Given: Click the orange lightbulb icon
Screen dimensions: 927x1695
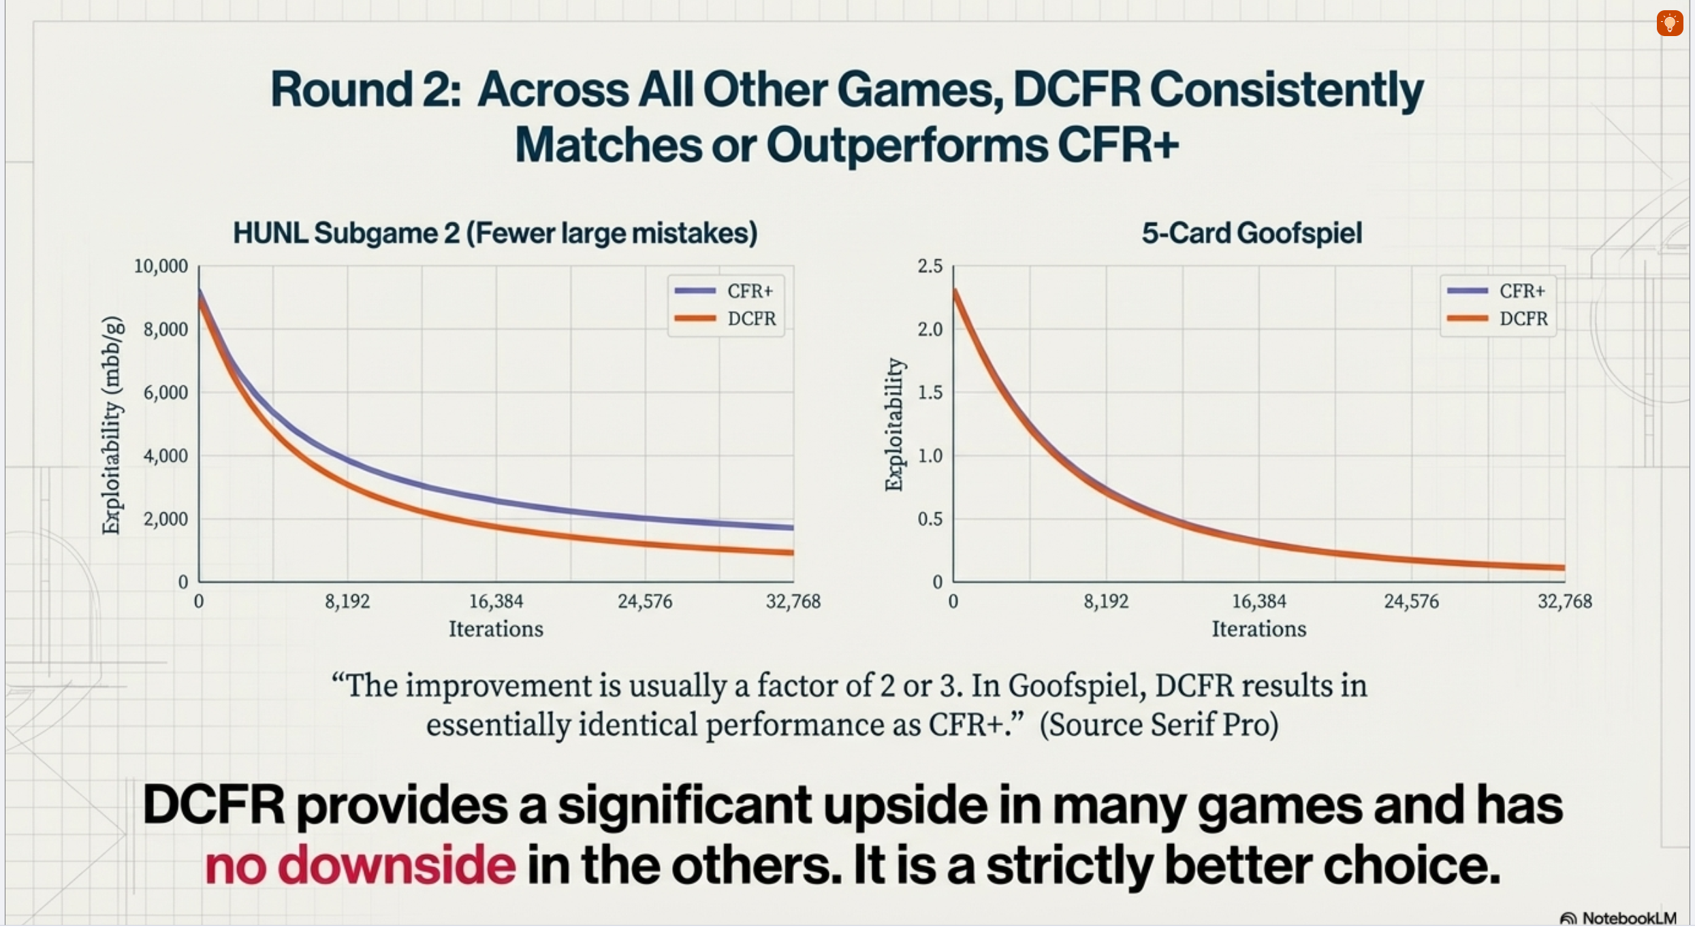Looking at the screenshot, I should (x=1669, y=23).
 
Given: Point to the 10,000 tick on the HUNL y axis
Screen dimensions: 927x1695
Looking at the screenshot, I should (x=161, y=266).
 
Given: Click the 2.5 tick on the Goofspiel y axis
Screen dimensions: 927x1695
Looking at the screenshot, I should (x=930, y=266).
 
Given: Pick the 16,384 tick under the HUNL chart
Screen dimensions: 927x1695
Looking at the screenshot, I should (x=496, y=602).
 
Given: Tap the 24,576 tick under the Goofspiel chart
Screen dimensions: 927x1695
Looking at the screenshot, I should (x=1411, y=602).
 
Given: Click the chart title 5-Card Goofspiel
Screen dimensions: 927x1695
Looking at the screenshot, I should (x=1252, y=233).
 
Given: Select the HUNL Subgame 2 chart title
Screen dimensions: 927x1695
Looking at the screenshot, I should (x=495, y=233).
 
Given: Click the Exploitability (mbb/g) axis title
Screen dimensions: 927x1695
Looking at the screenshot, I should (x=112, y=425).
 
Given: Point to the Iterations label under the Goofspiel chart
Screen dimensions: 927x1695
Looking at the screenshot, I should (x=1258, y=629).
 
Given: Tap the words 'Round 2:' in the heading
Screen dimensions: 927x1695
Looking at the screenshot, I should (x=366, y=90).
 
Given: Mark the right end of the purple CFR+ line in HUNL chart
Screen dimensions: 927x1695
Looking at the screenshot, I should (x=791, y=527).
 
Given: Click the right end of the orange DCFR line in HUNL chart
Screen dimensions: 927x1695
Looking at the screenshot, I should (x=791, y=552).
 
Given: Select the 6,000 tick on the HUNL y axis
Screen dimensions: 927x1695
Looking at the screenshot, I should (x=165, y=393).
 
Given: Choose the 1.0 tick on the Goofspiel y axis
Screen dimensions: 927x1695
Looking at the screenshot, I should (x=930, y=456).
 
